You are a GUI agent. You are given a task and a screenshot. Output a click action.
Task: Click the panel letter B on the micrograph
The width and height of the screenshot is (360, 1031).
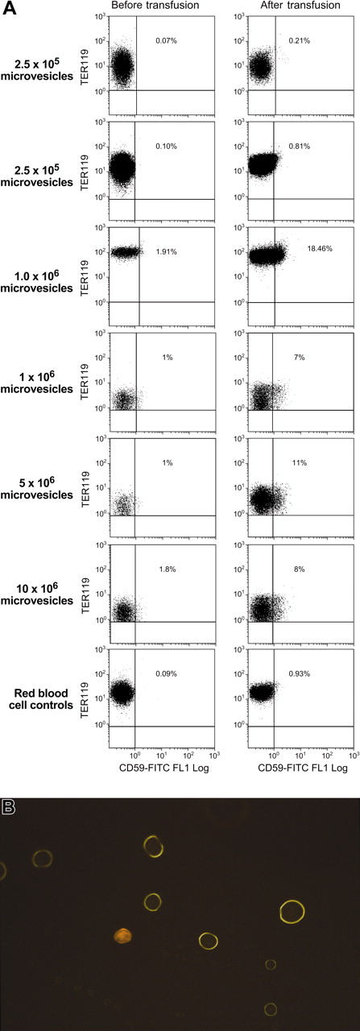[8, 806]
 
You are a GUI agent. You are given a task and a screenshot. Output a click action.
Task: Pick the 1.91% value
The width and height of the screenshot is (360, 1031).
[167, 251]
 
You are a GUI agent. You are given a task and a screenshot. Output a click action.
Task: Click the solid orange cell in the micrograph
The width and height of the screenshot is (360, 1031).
[123, 934]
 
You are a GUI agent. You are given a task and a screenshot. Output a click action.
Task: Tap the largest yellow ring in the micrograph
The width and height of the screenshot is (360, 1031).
[292, 911]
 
